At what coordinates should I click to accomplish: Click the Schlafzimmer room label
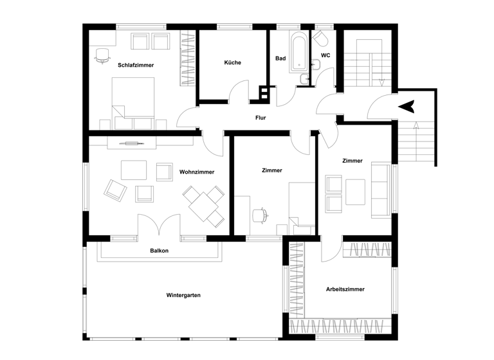[x=136, y=65]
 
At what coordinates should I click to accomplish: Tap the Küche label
[x=232, y=62]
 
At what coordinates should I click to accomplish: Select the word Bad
[x=280, y=59]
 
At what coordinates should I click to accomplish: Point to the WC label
[x=325, y=55]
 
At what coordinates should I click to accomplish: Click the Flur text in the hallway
[x=261, y=118]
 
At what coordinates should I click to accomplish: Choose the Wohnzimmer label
[x=197, y=172]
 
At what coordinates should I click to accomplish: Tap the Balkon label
[x=159, y=251]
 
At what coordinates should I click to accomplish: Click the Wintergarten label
[x=183, y=295]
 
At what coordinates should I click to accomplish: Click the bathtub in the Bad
[x=299, y=53]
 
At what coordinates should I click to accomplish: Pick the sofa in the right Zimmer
[x=380, y=188]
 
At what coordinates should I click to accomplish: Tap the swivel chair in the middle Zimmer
[x=261, y=215]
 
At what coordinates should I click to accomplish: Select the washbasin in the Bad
[x=303, y=79]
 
